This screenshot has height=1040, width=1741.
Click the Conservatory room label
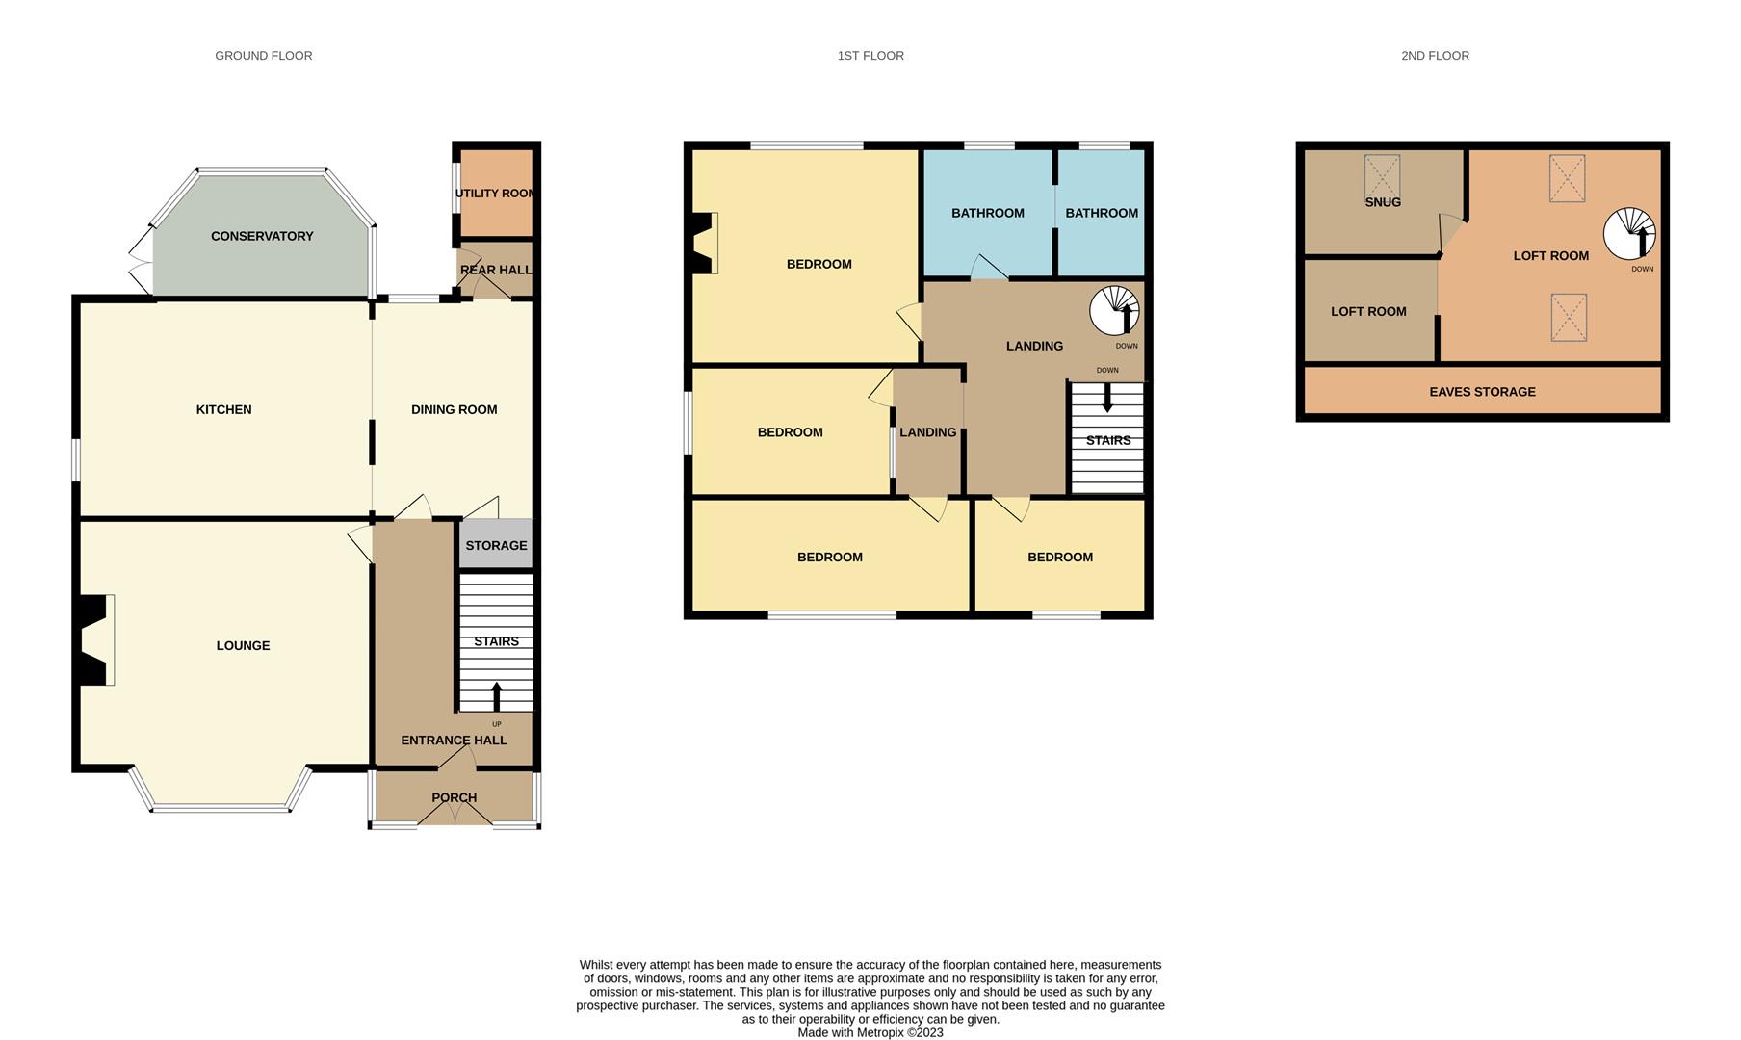click(262, 236)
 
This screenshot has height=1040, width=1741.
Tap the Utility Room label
click(496, 194)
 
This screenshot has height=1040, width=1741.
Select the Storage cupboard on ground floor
click(496, 545)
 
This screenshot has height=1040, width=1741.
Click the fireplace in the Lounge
click(94, 640)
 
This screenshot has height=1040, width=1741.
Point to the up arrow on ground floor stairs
click(497, 696)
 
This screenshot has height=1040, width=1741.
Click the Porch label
click(454, 797)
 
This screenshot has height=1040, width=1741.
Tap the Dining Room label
click(454, 409)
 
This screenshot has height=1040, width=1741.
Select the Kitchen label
click(223, 409)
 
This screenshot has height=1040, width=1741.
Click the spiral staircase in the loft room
click(1628, 234)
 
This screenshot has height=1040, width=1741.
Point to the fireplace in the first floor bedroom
click(706, 244)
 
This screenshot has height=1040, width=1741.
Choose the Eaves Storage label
click(1482, 392)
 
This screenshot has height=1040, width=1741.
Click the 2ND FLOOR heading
click(1435, 56)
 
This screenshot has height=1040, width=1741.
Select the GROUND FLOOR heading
click(263, 56)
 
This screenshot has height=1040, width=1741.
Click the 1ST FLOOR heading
click(870, 56)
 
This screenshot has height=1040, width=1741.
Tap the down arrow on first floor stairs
click(1107, 398)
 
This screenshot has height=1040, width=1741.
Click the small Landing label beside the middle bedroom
click(927, 432)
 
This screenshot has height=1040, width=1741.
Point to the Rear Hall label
click(496, 270)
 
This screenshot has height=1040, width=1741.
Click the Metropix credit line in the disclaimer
click(870, 1032)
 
